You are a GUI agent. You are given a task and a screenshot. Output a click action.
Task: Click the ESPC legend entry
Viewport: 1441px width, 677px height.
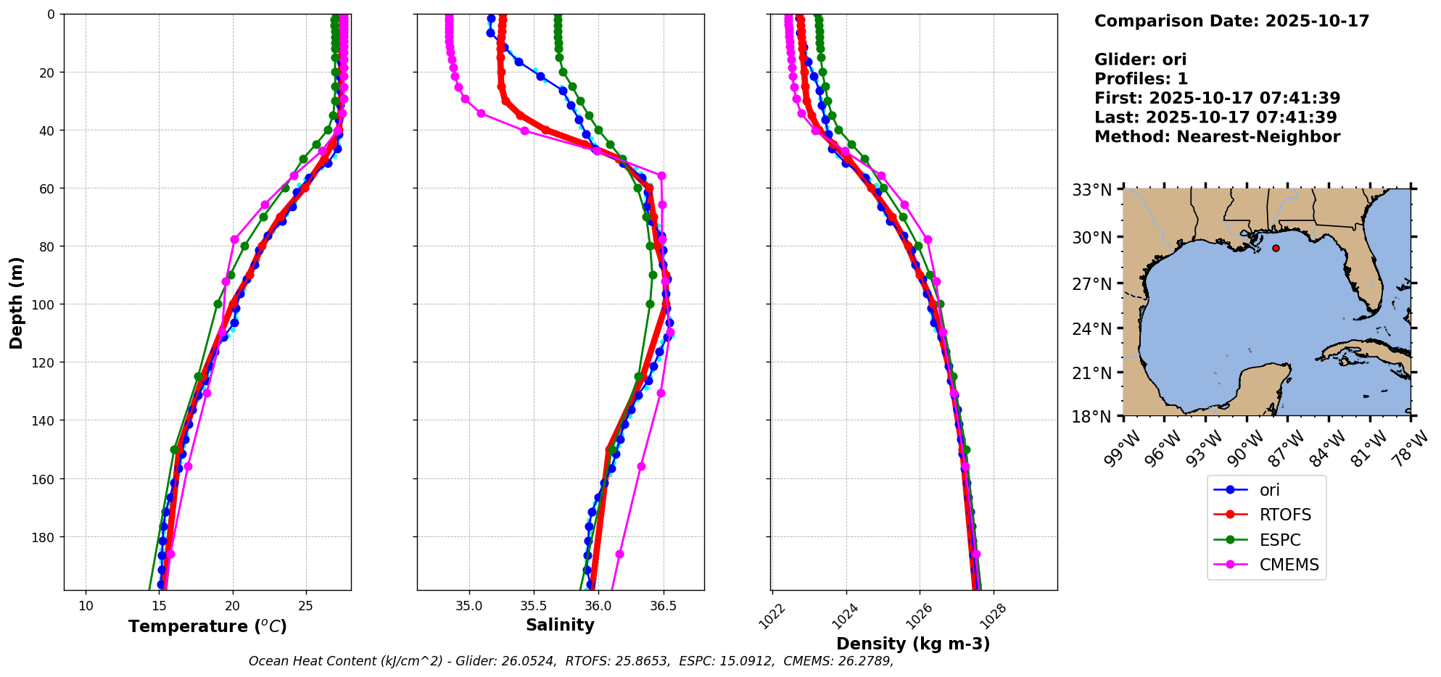(1279, 540)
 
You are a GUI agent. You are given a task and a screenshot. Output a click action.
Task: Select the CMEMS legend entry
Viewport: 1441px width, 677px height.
(1289, 565)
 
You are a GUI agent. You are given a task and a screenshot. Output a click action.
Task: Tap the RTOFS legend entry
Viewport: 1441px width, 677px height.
(1285, 515)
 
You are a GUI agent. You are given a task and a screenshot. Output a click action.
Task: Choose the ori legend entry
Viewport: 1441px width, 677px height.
(1269, 490)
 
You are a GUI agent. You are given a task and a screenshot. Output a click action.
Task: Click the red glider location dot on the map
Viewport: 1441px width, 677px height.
(1276, 248)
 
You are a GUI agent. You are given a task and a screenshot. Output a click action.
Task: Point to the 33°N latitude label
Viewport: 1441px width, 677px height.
(1092, 191)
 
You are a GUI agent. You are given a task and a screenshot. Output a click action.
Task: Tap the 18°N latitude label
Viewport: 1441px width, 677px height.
(1092, 417)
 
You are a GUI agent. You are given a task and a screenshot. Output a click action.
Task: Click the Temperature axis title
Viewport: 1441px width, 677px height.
(207, 626)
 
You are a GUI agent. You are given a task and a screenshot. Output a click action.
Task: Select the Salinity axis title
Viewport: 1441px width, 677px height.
(560, 625)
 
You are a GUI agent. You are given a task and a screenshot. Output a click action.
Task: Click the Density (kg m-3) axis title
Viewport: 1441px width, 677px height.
(913, 644)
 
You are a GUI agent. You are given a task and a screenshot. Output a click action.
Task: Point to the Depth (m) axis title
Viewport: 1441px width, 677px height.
(17, 302)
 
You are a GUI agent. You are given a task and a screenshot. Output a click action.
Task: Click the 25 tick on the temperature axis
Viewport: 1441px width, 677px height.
(305, 605)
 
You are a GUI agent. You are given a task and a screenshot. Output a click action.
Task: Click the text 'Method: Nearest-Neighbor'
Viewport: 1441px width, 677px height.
(1217, 136)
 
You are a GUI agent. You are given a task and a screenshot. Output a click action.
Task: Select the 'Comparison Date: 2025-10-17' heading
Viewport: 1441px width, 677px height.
(1231, 21)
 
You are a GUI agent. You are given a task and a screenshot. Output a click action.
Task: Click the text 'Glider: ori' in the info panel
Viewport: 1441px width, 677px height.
(1140, 59)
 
